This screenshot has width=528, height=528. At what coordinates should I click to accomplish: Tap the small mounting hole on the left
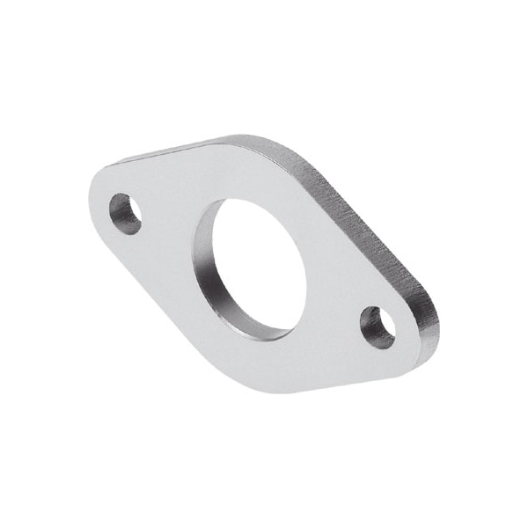pos(125,213)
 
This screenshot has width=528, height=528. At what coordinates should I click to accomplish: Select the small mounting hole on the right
pos(378,326)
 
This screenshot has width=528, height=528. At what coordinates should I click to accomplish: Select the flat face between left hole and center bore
pos(167,233)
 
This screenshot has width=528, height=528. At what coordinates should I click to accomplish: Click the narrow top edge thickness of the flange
pos(176,150)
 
